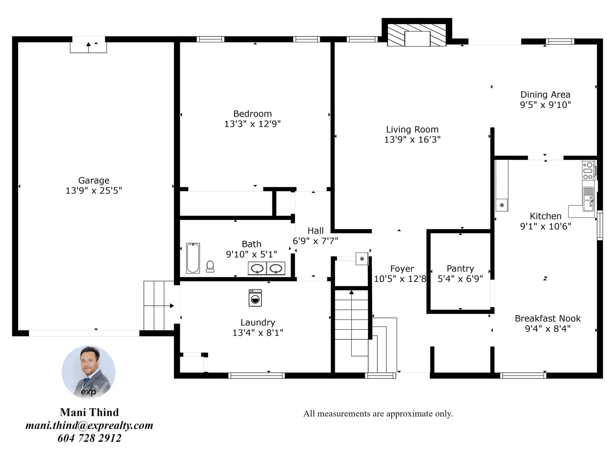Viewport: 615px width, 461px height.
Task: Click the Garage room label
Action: point(93,180)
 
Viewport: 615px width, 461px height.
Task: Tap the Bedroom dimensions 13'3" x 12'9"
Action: point(252,124)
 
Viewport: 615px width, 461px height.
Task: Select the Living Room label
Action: point(412,129)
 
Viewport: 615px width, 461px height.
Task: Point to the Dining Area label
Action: point(545,95)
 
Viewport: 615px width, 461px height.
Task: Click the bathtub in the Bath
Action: point(193,258)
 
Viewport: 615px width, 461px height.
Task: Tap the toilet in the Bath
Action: point(210,266)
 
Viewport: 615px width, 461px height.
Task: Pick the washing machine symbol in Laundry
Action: point(255,298)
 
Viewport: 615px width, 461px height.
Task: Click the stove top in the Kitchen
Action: point(588,171)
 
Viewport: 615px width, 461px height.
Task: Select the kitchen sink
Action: point(588,199)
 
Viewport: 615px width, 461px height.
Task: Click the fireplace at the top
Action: point(417,35)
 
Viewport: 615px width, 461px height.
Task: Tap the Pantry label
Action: point(460,269)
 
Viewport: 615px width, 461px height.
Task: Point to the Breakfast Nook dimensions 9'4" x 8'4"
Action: point(547,328)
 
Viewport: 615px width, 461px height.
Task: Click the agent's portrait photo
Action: point(88,372)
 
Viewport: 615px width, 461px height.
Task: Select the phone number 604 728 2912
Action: point(90,438)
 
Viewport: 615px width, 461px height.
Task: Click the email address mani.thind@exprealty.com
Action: point(90,425)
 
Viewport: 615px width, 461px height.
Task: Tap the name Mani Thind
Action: point(90,412)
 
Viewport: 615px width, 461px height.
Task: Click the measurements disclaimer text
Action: point(378,414)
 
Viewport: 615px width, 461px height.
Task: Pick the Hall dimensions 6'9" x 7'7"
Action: point(316,241)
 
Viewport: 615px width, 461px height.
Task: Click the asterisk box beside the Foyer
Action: point(362,259)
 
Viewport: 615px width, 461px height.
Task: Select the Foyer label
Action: point(402,269)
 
